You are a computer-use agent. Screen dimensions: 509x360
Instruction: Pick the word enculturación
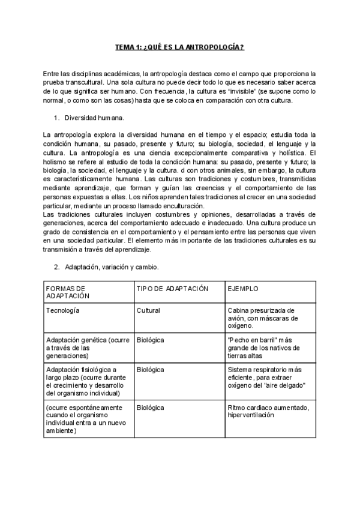point(175,206)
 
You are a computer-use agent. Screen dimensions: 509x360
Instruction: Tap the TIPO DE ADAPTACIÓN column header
point(172,289)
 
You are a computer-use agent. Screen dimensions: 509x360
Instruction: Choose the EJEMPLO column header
point(243,289)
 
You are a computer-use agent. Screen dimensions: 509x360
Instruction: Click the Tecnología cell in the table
point(63,310)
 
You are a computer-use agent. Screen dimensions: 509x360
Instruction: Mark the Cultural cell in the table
point(148,310)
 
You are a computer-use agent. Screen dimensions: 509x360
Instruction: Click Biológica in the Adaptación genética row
point(151,340)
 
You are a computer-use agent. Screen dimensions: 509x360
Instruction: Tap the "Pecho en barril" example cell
point(267,348)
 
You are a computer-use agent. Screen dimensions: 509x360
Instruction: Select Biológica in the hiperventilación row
point(151,408)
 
